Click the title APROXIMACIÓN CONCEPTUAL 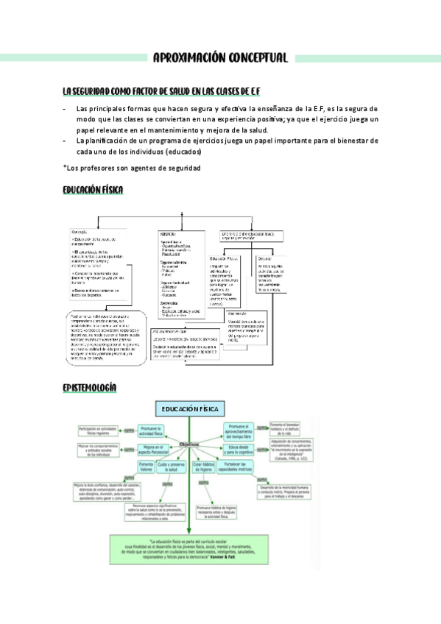(x=220, y=58)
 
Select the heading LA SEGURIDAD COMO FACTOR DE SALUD (x=161, y=91)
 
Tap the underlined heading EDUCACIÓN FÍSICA (x=93, y=191)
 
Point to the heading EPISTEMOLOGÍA (x=90, y=388)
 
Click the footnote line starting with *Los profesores (x=132, y=168)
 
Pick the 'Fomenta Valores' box (x=146, y=469)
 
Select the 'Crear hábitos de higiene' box (x=207, y=469)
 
